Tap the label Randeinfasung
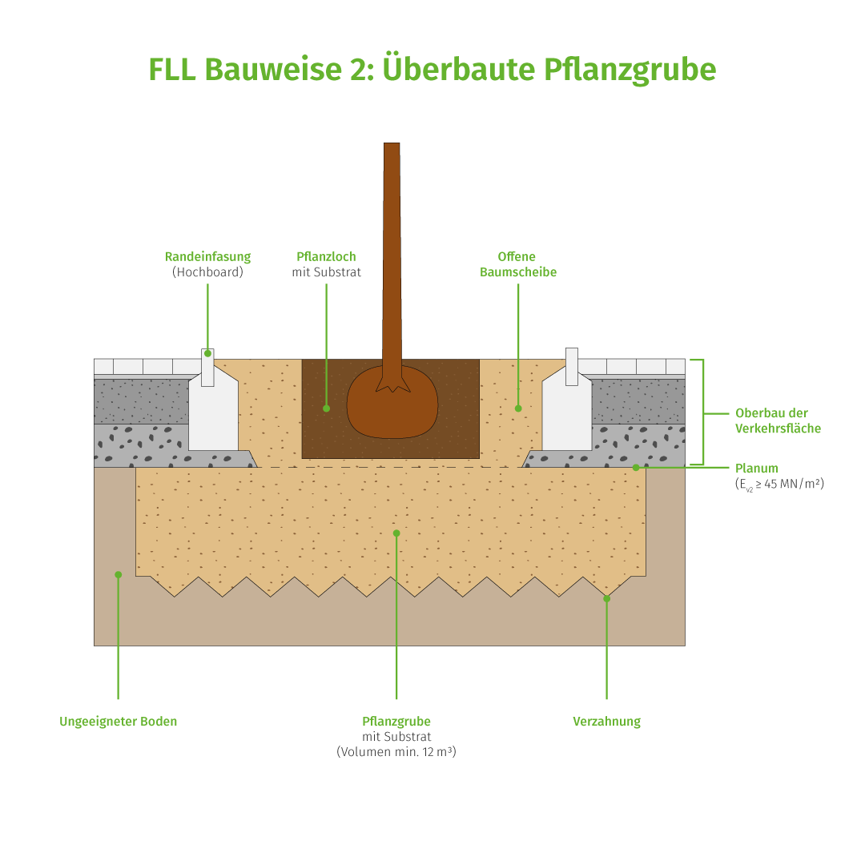pos(207,257)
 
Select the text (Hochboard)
pos(207,272)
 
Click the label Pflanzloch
pos(326,257)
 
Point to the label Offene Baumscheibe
pos(518,264)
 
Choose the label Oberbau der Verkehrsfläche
pos(778,420)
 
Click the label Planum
pos(756,469)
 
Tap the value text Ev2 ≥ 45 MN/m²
pos(779,485)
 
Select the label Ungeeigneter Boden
pos(119,722)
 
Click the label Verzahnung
pos(606,722)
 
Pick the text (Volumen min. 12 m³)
pos(396,752)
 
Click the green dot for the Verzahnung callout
pos(606,598)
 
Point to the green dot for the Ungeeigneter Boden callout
pos(118,574)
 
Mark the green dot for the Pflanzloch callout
pos(326,408)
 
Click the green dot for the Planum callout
pos(636,467)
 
